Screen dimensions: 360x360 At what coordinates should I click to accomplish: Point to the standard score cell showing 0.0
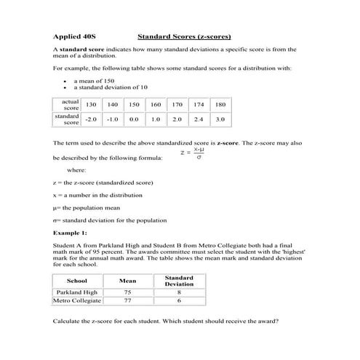tap(134, 119)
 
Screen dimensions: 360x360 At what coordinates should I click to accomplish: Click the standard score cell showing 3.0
tap(220, 119)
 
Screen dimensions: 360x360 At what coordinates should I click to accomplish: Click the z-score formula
tap(193, 153)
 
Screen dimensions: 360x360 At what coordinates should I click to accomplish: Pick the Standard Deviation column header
tap(179, 280)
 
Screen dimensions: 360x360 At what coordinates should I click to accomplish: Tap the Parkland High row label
tap(76, 292)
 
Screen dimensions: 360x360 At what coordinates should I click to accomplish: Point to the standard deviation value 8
tap(179, 292)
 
